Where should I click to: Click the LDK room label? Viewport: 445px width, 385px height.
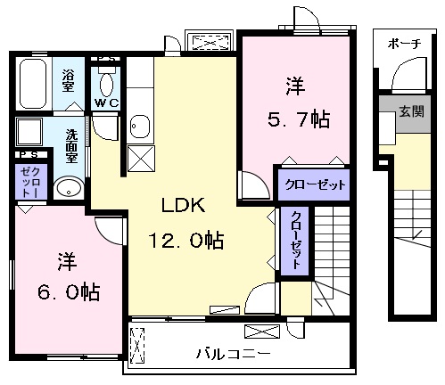pyautogui.click(x=183, y=205)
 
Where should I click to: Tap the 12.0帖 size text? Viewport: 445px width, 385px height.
pyautogui.click(x=186, y=240)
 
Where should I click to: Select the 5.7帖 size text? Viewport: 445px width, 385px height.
pyautogui.click(x=299, y=119)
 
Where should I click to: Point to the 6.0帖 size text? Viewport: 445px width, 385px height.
pyautogui.click(x=69, y=291)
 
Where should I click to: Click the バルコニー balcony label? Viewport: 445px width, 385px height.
pyautogui.click(x=234, y=354)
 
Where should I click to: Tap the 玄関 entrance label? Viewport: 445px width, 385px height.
pyautogui.click(x=412, y=111)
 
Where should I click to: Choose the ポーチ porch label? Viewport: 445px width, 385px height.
pyautogui.click(x=405, y=44)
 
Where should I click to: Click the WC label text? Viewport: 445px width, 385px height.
pyautogui.click(x=107, y=103)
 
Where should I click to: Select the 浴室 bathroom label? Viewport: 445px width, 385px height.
pyautogui.click(x=69, y=80)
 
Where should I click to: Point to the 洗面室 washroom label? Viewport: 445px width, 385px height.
pyautogui.click(x=71, y=146)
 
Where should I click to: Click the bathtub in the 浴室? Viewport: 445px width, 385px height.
pyautogui.click(x=33, y=84)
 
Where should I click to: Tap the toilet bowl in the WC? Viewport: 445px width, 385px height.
pyautogui.click(x=106, y=85)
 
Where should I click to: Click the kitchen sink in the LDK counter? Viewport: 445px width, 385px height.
pyautogui.click(x=140, y=127)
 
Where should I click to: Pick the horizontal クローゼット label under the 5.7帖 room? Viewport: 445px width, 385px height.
pyautogui.click(x=315, y=184)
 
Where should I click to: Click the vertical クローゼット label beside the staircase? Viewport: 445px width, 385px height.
pyautogui.click(x=296, y=240)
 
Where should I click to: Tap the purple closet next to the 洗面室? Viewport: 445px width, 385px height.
pyautogui.click(x=31, y=182)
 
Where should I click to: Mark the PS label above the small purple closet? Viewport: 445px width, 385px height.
pyautogui.click(x=29, y=154)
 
